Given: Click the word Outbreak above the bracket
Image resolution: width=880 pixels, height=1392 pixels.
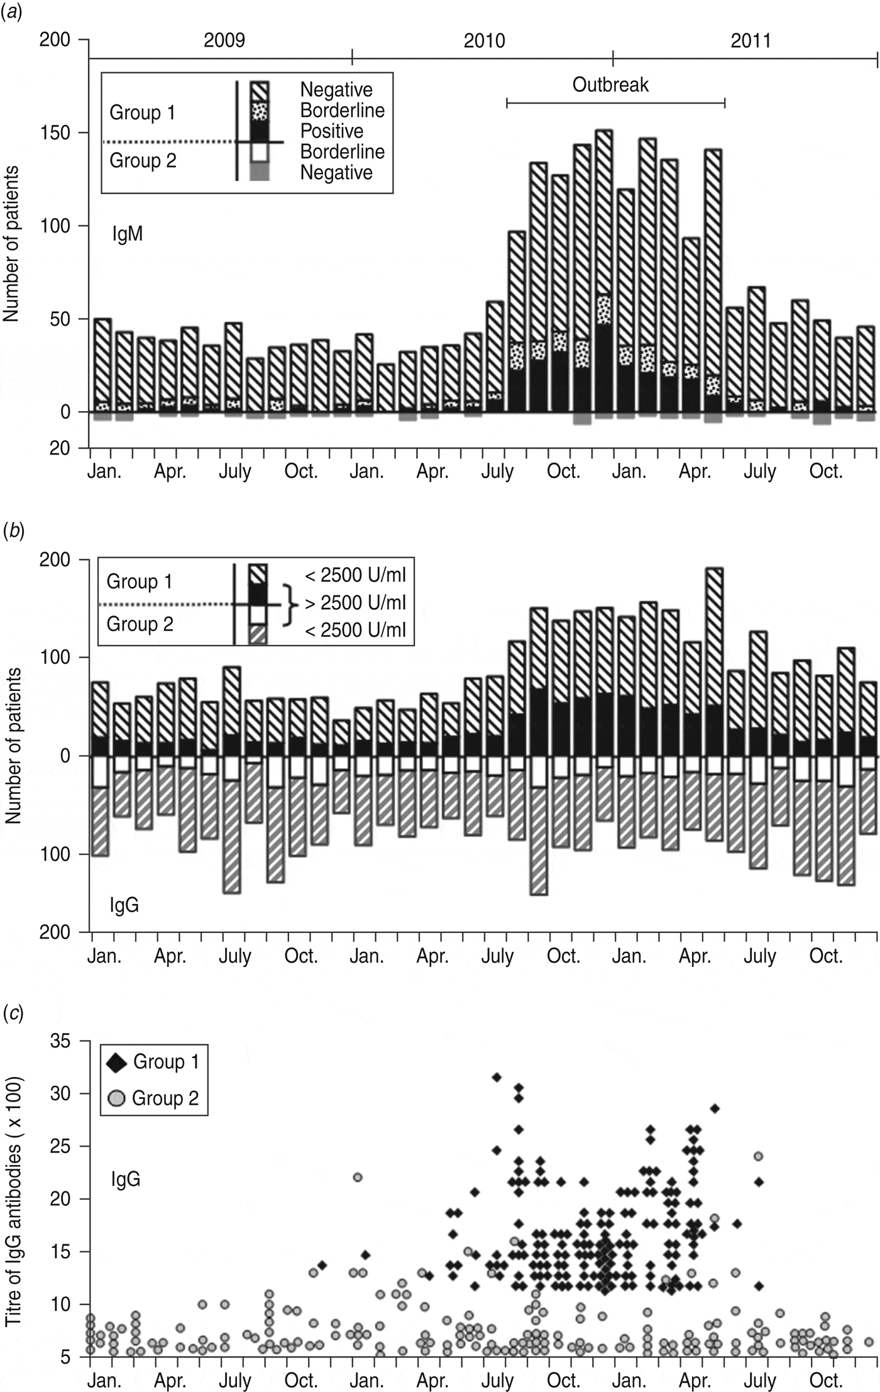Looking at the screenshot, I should click(610, 85).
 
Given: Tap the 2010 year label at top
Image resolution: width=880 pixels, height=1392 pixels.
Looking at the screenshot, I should click(484, 41).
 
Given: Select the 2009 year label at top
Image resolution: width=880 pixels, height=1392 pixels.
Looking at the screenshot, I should click(224, 41).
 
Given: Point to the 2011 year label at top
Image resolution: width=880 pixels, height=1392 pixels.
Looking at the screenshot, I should click(751, 41).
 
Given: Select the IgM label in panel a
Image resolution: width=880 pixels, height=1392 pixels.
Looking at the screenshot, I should click(127, 234).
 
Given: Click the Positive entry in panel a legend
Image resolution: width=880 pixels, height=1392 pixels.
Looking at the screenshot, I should click(331, 131).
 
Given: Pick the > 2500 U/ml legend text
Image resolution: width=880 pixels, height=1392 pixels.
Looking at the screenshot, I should click(355, 603).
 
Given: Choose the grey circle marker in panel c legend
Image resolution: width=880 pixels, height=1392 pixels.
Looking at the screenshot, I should click(118, 1098).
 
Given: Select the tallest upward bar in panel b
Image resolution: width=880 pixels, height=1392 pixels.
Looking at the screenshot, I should click(713, 660).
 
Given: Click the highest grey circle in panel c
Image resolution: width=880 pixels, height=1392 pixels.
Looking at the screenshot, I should click(759, 1156).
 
